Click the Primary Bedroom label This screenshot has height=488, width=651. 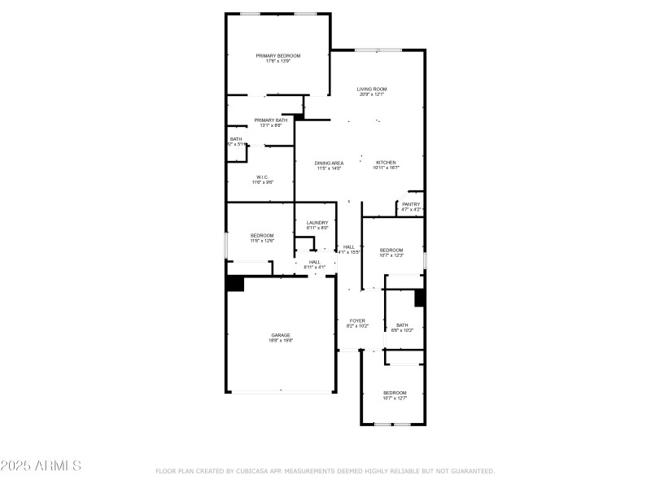(x=278, y=56)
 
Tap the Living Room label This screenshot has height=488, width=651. (x=372, y=89)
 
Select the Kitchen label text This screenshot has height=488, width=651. (x=386, y=163)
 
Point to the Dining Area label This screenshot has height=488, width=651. (x=329, y=163)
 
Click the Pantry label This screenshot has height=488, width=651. (x=411, y=204)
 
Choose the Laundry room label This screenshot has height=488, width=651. (x=317, y=223)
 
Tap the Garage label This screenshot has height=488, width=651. (x=281, y=335)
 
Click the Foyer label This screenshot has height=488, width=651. (x=357, y=320)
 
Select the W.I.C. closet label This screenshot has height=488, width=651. (x=262, y=177)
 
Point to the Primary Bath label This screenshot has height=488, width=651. (x=270, y=120)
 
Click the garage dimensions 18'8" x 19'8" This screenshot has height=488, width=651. (x=281, y=341)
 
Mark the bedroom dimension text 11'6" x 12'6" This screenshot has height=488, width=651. (x=262, y=241)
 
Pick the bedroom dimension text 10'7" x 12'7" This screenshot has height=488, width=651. (x=395, y=399)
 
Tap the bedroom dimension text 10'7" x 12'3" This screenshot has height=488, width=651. (x=391, y=255)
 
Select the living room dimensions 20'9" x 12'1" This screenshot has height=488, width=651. (x=372, y=94)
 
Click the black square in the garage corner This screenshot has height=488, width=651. (x=235, y=284)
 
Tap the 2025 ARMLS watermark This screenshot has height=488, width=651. (x=41, y=466)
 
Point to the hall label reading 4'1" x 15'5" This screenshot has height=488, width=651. (x=349, y=252)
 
